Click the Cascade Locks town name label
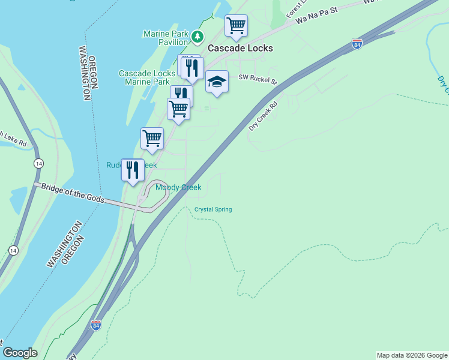(x=240, y=48)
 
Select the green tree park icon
(x=197, y=38)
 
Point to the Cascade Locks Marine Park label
(x=144, y=77)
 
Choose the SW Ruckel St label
(x=258, y=78)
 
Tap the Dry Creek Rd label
(x=264, y=116)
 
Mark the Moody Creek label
(x=178, y=187)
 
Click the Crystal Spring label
(x=213, y=209)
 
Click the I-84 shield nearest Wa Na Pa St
(x=357, y=44)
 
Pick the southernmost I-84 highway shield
(x=95, y=325)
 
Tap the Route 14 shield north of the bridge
(x=38, y=163)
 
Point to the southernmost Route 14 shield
(x=13, y=250)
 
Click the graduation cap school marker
(x=217, y=82)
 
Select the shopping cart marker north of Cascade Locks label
(x=237, y=26)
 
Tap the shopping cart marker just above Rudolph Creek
(x=152, y=138)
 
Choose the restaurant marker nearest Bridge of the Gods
(x=133, y=170)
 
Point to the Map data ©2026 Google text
(x=412, y=356)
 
